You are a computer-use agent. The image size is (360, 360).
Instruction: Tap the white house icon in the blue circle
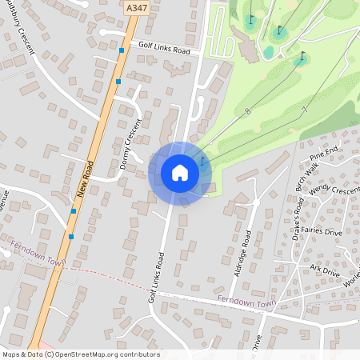(180, 173)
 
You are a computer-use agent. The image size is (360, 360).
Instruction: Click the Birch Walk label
(307, 181)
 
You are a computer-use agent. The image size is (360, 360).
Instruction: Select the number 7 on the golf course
(304, 109)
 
